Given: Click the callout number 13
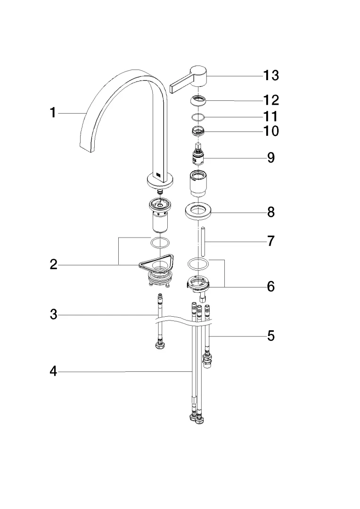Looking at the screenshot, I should pyautogui.click(x=271, y=75).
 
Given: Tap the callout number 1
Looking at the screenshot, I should pyautogui.click(x=53, y=113).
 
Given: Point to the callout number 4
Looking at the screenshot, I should pyautogui.click(x=54, y=372).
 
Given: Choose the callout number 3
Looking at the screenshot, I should pyautogui.click(x=54, y=314).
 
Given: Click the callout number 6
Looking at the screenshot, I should pyautogui.click(x=271, y=286).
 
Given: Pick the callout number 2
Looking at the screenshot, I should pyautogui.click(x=54, y=264).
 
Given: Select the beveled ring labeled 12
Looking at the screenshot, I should pyautogui.click(x=199, y=100).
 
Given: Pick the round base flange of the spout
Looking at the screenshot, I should pyautogui.click(x=160, y=180).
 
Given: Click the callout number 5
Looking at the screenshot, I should pyautogui.click(x=271, y=336).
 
